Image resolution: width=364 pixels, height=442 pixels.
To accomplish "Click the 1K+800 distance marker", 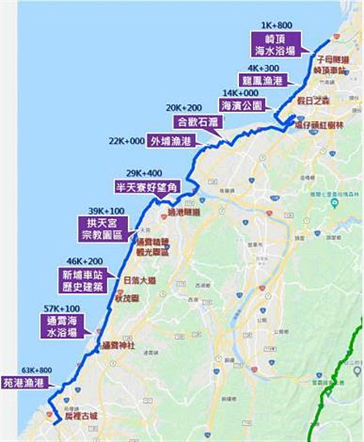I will [x=276, y=24].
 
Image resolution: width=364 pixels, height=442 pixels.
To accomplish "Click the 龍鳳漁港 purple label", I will [x=262, y=80].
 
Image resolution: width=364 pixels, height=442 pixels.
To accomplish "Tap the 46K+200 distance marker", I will [x=86, y=261].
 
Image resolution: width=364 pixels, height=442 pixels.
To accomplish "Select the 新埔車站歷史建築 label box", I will [x=85, y=280].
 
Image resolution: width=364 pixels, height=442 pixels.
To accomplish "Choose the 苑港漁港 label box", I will [x=24, y=383].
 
